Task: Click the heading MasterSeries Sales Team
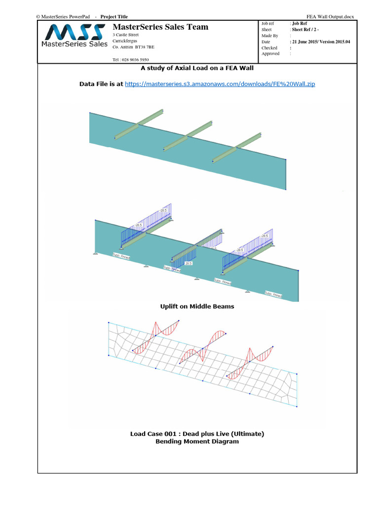click(x=160, y=27)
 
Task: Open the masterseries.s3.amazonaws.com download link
click(x=220, y=84)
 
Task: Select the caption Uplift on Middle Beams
click(x=197, y=306)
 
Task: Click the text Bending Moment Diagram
click(x=197, y=441)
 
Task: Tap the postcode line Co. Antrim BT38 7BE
click(x=133, y=47)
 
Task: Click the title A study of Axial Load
click(x=197, y=68)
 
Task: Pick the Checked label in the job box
click(x=269, y=48)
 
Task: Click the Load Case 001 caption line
click(x=197, y=434)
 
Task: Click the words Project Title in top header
click(x=114, y=17)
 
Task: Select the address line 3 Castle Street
click(x=126, y=35)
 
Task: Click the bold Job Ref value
click(x=299, y=23)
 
